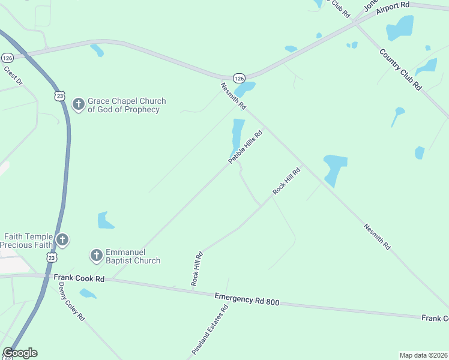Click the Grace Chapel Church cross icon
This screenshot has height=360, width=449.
coord(78,104)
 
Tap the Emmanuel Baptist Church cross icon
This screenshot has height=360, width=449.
coord(96,256)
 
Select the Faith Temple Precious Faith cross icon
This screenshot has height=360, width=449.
coord(62,241)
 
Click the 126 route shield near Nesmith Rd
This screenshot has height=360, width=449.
coord(239,79)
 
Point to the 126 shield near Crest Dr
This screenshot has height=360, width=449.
coord(7,58)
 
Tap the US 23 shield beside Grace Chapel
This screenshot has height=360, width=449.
coord(59,95)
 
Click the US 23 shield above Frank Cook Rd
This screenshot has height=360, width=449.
coord(52,257)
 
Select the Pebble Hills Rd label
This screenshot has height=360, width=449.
coord(246,148)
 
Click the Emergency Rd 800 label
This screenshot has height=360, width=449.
coord(247,299)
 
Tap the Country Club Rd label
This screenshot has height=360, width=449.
coord(400,69)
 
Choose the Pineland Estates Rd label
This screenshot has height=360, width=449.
coord(211,329)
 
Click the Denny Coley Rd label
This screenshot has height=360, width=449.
coord(72,302)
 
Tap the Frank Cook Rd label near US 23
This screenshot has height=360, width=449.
coord(79,278)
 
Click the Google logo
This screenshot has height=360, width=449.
coord(20,353)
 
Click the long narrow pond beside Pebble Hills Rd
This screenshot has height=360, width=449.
coord(237,136)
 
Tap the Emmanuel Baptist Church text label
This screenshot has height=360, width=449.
coord(133,256)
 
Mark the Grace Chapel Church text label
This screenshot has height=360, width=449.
coord(126,106)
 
